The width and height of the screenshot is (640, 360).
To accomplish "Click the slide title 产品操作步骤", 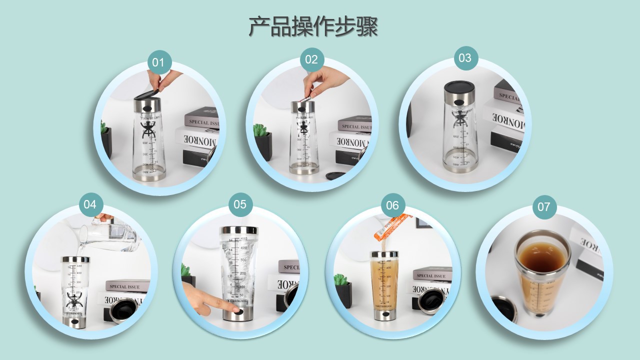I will pos(313,26).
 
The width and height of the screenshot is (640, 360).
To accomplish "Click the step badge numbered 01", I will pos(159,62).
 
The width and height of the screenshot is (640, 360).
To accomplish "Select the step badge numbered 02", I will pos(311,60).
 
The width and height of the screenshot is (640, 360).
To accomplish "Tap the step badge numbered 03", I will pos(465,58).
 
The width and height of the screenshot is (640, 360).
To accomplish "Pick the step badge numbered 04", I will pos(90,204).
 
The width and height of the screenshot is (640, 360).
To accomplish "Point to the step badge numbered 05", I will pos(240,204).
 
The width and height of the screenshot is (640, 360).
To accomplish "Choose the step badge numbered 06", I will pos(392,205).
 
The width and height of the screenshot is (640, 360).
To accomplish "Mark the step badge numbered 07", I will pos(544,207).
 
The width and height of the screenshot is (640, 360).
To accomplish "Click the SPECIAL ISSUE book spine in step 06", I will pos(432,275).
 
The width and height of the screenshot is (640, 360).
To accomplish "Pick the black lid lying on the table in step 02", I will pos(335,175).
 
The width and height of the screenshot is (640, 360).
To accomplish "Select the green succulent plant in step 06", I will pos(340,279).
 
